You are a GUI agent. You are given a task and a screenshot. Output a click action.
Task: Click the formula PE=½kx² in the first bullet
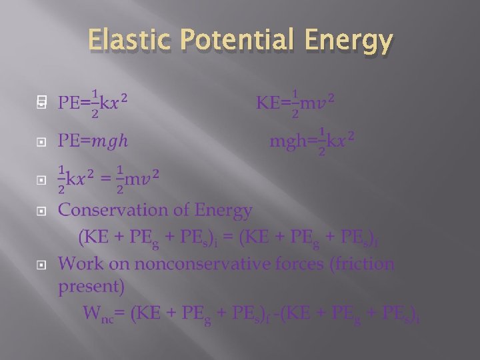coord(93,103)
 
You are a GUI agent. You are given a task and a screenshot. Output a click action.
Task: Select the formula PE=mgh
coord(93,141)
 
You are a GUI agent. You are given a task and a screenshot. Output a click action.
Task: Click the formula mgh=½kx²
coord(312,141)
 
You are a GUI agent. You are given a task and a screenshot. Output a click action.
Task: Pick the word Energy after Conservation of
coord(223,211)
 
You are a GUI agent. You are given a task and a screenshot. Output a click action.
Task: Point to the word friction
coord(366,263)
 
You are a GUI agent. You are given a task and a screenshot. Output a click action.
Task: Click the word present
coord(91,287)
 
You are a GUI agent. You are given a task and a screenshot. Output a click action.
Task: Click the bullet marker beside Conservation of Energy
coord(41,211)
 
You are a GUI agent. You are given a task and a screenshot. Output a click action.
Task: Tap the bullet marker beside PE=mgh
coord(41,142)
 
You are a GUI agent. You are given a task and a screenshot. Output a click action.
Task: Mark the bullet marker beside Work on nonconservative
coord(41,264)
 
